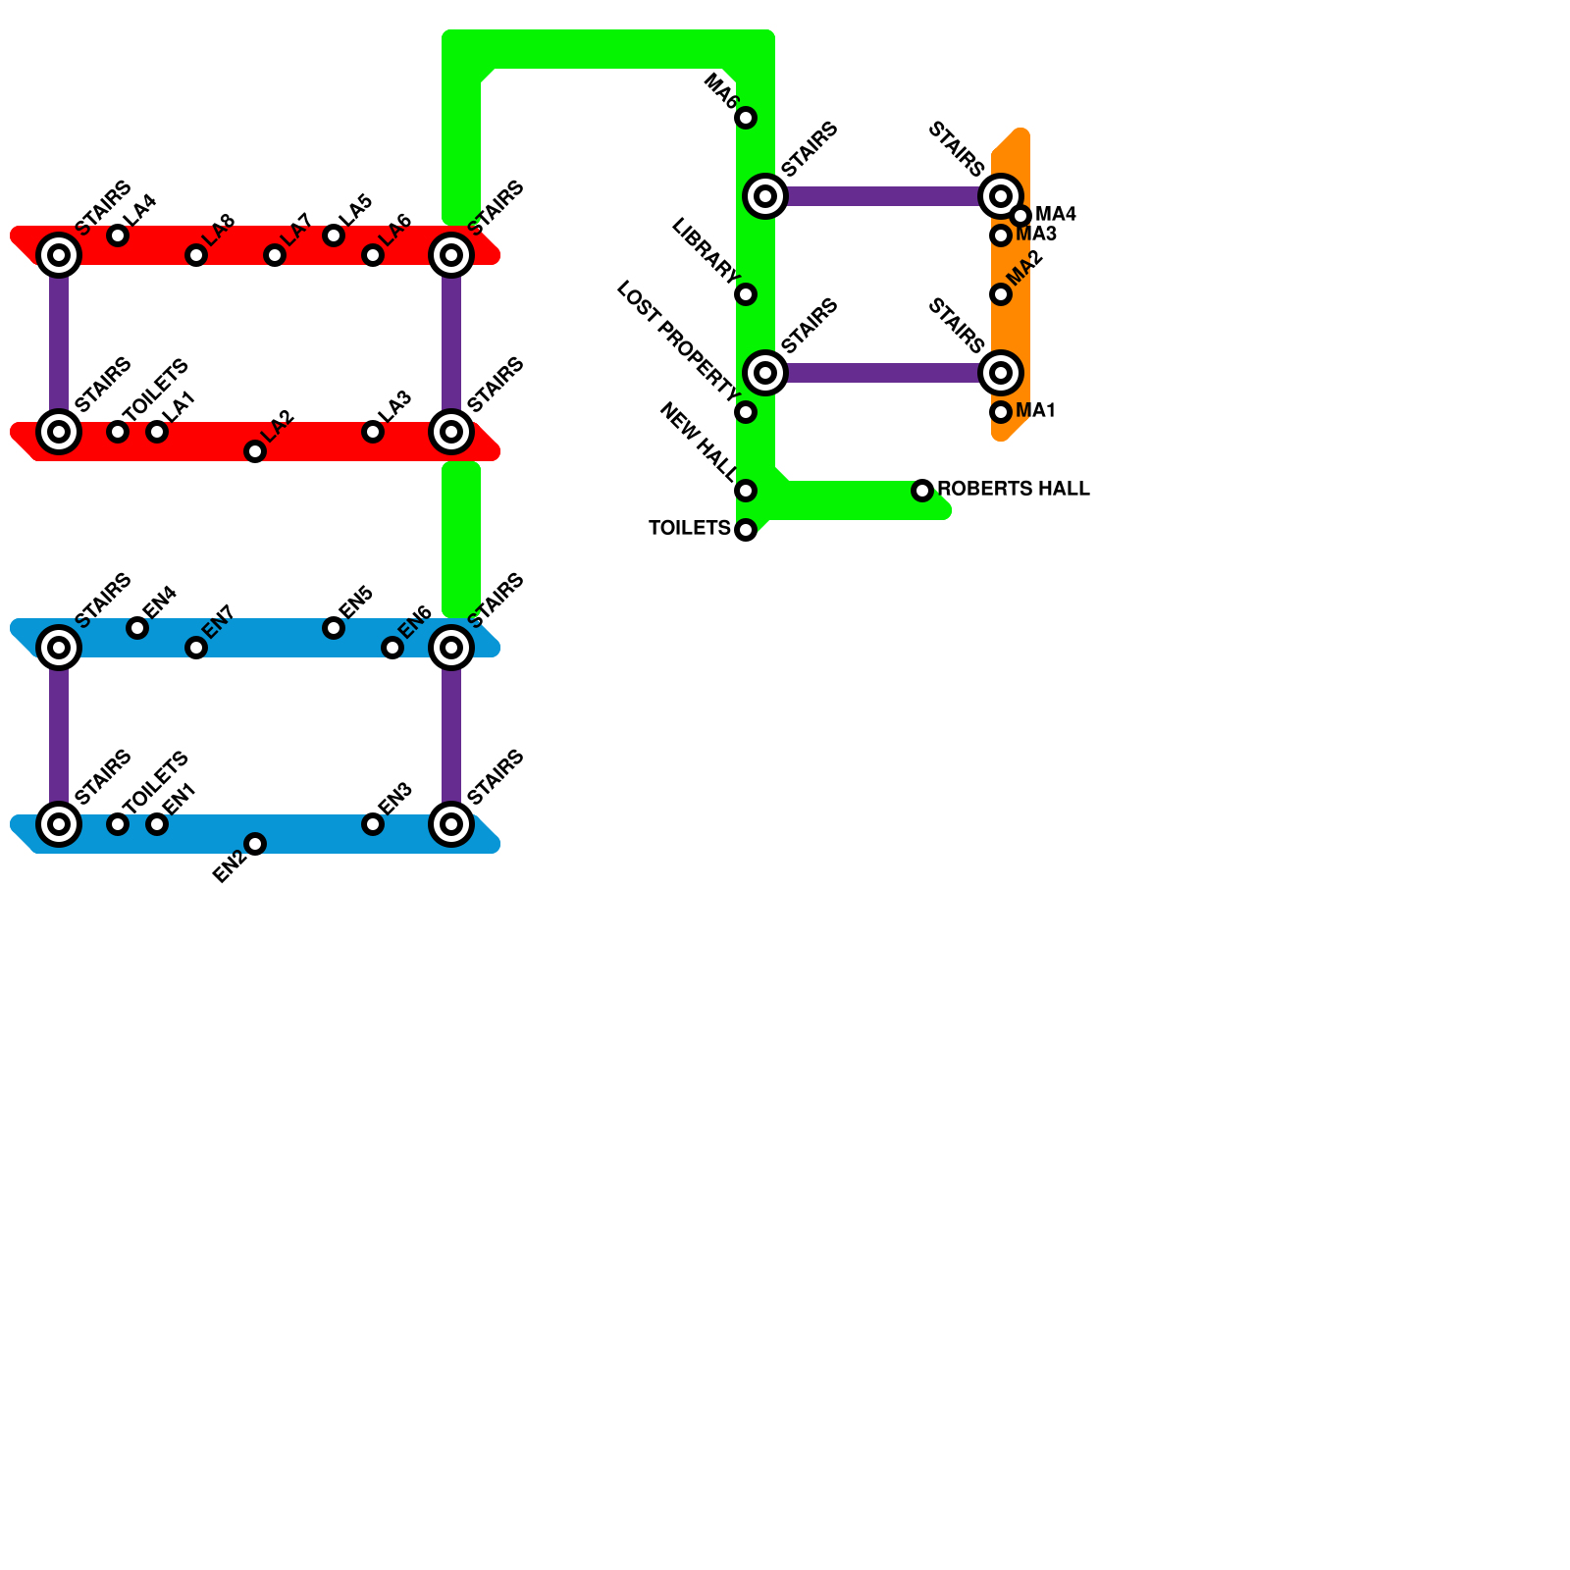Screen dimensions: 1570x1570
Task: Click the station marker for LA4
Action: [118, 235]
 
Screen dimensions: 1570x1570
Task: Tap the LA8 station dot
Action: [196, 255]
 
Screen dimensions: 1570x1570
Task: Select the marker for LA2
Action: [255, 451]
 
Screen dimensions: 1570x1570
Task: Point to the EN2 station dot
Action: [255, 844]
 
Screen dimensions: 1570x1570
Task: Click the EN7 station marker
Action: [196, 648]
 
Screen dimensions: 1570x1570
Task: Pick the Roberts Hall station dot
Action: [922, 491]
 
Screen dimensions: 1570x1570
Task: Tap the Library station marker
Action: [746, 294]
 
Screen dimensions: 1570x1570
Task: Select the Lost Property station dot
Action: [746, 412]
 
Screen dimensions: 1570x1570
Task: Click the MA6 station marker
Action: [746, 118]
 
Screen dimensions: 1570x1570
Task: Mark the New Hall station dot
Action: [746, 491]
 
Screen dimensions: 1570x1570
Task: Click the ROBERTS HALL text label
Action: [1014, 489]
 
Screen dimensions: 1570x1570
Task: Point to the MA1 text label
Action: [1035, 411]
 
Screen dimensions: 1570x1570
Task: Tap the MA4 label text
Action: [1056, 214]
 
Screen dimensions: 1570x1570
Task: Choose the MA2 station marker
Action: [1001, 294]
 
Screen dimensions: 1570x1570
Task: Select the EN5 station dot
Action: [334, 628]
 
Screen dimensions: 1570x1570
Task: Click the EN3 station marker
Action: [373, 824]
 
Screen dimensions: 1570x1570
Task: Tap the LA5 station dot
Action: [334, 235]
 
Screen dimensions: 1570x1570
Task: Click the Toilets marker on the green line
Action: [746, 530]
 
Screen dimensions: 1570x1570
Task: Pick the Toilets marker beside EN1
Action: [118, 824]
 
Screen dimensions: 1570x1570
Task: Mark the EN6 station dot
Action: [392, 648]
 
